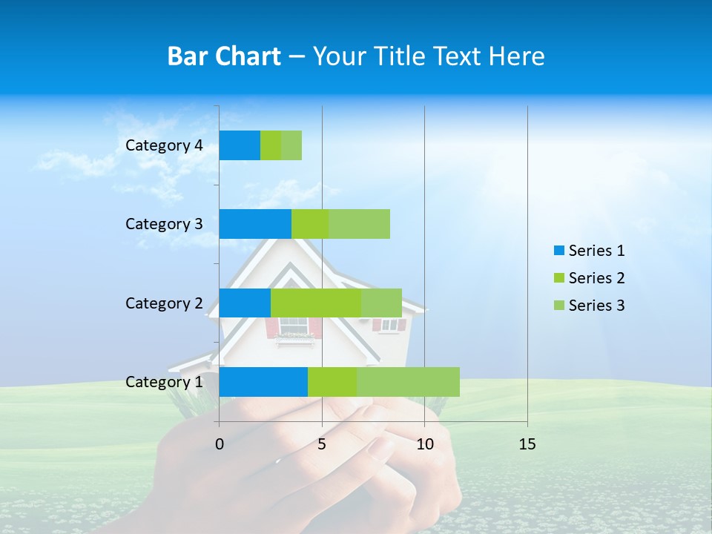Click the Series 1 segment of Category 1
click(263, 382)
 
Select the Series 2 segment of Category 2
click(316, 303)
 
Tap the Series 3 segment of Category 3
click(359, 224)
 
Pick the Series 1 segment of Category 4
click(240, 145)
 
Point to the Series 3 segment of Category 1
click(408, 382)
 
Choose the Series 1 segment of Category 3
click(255, 224)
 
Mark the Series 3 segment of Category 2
click(381, 303)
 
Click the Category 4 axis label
click(164, 145)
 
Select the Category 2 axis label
click(164, 303)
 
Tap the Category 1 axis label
click(164, 382)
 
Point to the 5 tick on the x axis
click(322, 444)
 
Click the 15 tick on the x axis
click(527, 444)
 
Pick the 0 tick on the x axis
click(220, 444)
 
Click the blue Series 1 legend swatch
click(558, 251)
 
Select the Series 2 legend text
click(596, 278)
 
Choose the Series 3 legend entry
click(590, 306)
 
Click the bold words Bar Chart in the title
click(224, 56)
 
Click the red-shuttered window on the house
click(294, 326)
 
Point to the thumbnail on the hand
click(382, 446)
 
